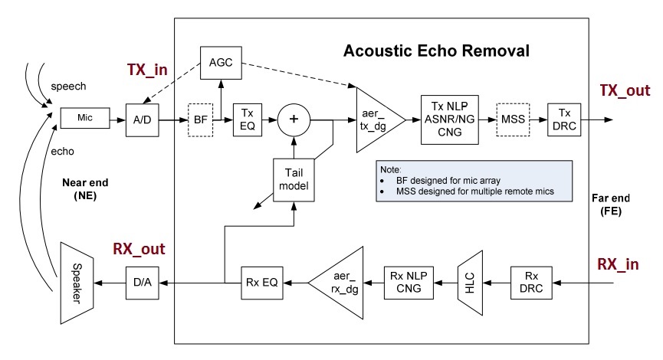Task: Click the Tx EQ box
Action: click(248, 120)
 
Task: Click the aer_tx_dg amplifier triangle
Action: click(376, 120)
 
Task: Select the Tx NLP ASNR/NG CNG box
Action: click(448, 120)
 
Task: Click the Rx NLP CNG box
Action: click(405, 283)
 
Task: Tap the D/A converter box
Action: click(141, 283)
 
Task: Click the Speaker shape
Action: click(74, 283)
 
